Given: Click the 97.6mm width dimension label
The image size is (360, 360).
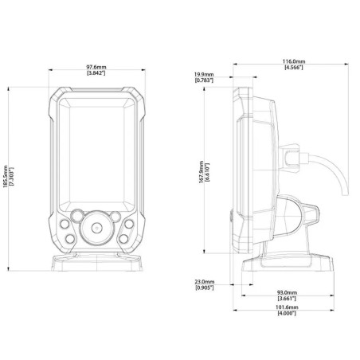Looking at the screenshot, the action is (x=96, y=67).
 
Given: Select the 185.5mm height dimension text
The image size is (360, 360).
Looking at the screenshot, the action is (x=6, y=177).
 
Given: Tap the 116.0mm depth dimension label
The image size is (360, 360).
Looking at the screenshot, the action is (x=294, y=61).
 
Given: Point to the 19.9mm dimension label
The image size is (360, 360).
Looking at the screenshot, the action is (x=204, y=75).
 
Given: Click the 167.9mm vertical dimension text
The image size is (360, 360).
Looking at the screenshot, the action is (x=202, y=172).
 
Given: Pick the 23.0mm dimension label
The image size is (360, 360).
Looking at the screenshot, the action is (x=205, y=282).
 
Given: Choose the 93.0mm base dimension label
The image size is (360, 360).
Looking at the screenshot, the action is (x=287, y=292).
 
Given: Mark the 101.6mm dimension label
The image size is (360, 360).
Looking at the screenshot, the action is (x=287, y=307).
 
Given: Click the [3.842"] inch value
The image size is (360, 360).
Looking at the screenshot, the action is (x=96, y=72).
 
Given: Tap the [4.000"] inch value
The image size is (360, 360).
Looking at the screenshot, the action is (x=287, y=313).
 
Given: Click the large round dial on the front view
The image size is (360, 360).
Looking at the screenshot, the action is (x=97, y=228).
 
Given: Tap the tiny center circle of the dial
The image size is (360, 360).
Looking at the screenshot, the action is (x=97, y=228).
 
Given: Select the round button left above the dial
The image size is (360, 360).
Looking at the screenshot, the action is (x=77, y=216).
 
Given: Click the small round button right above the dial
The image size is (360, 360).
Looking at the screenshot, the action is (x=115, y=217).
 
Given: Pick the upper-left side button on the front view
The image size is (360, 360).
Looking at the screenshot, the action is (x=65, y=224).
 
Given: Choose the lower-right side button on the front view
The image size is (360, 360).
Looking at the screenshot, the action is (x=123, y=239).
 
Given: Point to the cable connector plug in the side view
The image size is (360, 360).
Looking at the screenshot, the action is (x=292, y=158).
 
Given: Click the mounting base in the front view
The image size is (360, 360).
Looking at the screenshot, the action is (x=96, y=262).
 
